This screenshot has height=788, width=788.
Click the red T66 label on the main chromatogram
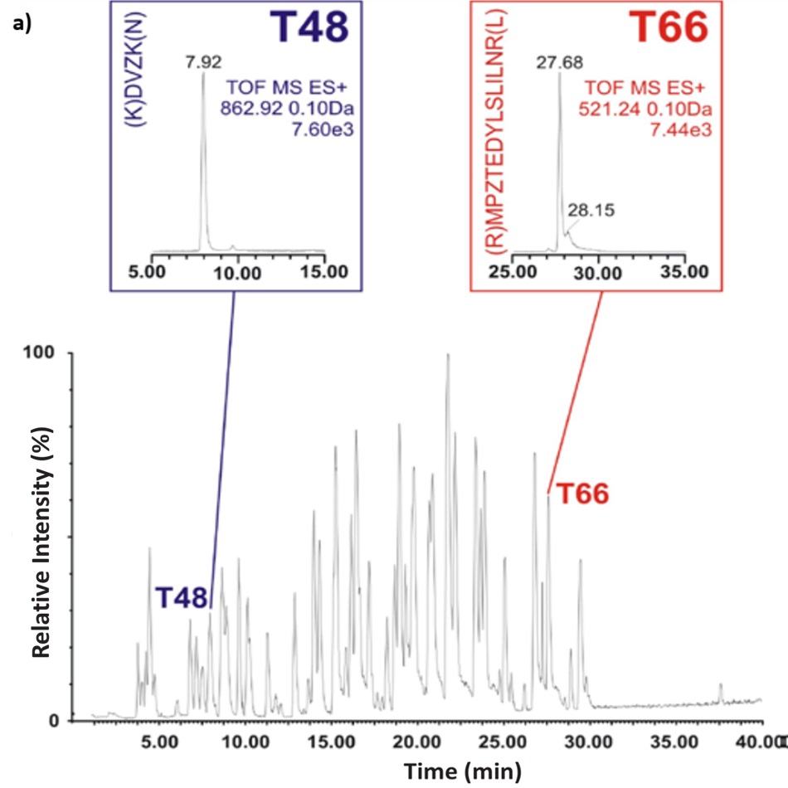pyautogui.click(x=582, y=494)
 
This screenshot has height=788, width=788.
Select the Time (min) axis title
pyautogui.click(x=463, y=771)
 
